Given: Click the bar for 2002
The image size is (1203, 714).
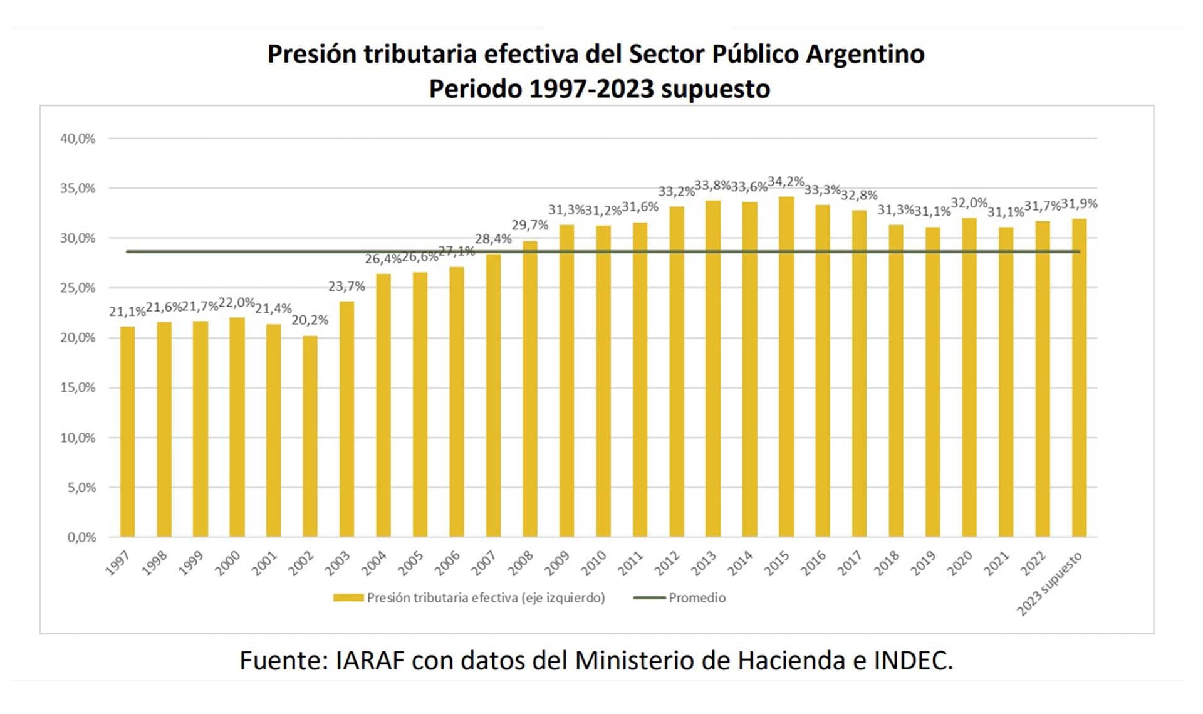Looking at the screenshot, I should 310,436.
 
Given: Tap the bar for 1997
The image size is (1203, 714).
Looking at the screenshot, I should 127,432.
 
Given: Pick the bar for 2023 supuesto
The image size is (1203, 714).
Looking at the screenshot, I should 1079,378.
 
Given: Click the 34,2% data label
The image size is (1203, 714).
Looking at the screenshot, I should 786,182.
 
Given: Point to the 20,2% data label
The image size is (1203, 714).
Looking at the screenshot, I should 310,320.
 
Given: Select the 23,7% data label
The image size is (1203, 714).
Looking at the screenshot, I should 346,286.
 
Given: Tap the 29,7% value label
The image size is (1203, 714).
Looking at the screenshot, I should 529,225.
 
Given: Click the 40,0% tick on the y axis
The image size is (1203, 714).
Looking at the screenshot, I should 78,139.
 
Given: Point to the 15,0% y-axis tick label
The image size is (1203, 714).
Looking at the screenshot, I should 78,388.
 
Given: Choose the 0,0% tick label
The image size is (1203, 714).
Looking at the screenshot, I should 81,537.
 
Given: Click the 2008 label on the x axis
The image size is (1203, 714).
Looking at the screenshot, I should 520,562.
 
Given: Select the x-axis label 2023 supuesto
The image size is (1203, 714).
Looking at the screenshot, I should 1049,584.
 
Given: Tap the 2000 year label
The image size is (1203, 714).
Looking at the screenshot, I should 227,562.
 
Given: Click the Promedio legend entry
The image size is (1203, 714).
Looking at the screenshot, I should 697,598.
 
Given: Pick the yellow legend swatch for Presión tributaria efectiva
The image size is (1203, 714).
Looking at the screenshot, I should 348,598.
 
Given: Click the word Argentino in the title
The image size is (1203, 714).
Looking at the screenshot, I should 865,54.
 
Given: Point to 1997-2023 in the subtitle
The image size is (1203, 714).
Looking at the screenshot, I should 591,89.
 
